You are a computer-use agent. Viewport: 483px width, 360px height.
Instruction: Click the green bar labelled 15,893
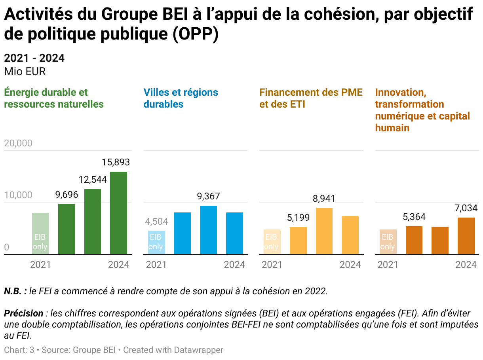118,213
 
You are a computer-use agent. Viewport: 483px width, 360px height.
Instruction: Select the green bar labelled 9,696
67,229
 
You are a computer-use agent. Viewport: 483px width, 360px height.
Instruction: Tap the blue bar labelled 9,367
208,230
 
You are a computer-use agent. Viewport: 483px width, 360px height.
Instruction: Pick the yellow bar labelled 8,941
324,231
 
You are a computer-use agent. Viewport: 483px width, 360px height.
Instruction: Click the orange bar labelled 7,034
466,236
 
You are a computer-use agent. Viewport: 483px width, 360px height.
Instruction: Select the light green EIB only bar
40,233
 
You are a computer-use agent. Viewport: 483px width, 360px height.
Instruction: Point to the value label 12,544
93,180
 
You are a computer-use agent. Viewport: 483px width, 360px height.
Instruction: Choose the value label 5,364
414,217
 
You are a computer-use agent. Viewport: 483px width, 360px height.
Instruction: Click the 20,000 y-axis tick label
18,143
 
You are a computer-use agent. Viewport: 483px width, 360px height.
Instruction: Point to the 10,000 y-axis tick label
18,195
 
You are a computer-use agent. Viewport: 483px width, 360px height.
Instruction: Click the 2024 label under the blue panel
234,265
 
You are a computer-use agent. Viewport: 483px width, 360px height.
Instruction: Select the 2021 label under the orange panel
388,265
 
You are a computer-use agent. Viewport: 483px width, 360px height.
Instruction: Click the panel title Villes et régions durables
181,98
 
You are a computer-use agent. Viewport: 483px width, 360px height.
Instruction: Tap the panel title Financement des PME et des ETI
311,98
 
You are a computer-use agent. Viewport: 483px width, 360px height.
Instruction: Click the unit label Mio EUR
25,72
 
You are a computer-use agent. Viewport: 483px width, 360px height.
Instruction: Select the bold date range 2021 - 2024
34,58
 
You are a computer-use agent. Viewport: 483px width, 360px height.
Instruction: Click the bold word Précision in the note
24,313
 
